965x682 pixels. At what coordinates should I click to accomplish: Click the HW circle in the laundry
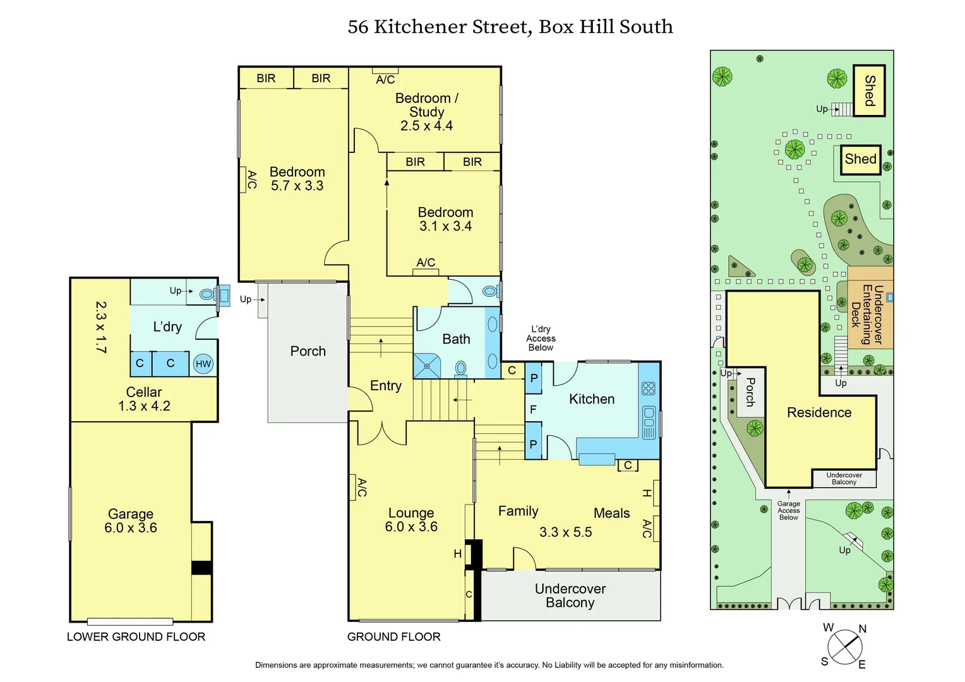tap(203, 364)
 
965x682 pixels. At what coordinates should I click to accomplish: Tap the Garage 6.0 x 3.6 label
tap(131, 521)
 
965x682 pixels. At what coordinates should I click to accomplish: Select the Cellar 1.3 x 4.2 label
tap(144, 399)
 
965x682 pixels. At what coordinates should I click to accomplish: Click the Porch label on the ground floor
tap(308, 351)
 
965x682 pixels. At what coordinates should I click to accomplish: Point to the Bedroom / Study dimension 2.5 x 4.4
tap(426, 126)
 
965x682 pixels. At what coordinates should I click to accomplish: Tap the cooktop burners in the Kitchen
tap(649, 388)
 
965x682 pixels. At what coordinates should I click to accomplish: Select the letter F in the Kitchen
tap(533, 410)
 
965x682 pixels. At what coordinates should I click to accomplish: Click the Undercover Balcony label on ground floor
tap(570, 595)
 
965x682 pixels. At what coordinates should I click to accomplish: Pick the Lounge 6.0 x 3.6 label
tap(411, 520)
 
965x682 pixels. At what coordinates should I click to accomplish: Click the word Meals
tap(611, 513)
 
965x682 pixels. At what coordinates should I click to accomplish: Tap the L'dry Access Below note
tap(541, 338)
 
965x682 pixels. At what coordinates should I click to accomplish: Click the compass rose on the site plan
tap(844, 647)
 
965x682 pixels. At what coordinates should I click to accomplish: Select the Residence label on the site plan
tap(819, 412)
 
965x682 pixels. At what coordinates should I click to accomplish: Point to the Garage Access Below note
tap(788, 510)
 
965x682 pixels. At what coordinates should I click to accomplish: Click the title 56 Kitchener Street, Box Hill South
tap(510, 27)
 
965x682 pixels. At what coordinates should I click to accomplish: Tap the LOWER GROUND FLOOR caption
tap(136, 637)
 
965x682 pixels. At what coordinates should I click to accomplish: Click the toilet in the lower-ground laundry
tap(207, 294)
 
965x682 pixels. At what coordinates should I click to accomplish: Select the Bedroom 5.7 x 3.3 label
tap(297, 179)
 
